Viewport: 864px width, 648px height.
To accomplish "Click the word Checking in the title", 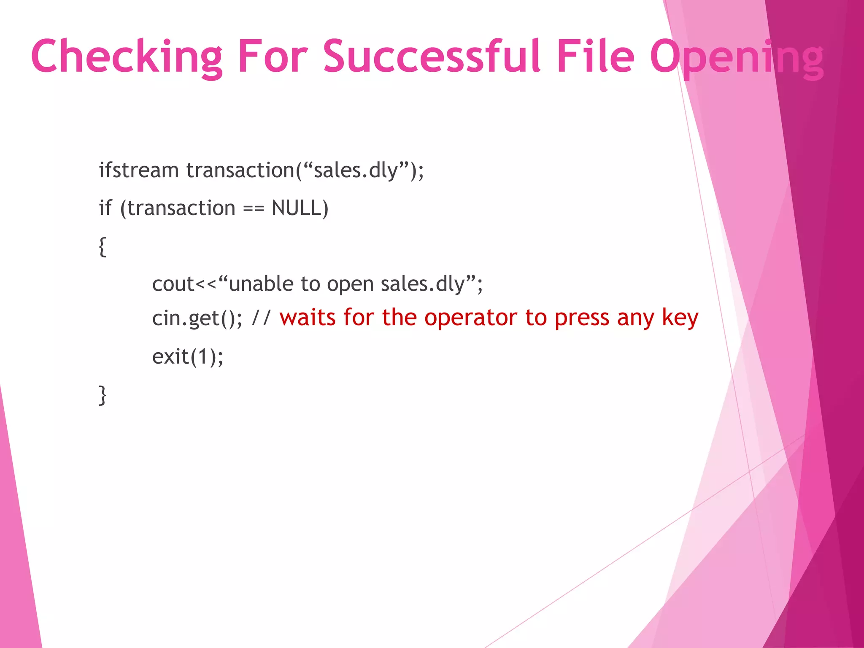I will (127, 57).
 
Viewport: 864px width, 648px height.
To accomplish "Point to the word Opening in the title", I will (736, 57).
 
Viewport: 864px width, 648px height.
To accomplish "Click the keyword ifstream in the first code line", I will (139, 170).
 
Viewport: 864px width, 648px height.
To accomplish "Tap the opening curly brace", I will (102, 246).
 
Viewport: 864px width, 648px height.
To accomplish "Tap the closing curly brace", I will (102, 395).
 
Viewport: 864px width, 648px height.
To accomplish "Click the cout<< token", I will (184, 284).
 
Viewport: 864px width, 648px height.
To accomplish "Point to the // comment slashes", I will (261, 318).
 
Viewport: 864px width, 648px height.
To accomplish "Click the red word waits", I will (307, 318).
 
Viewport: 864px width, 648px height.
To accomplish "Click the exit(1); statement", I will (187, 357).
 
